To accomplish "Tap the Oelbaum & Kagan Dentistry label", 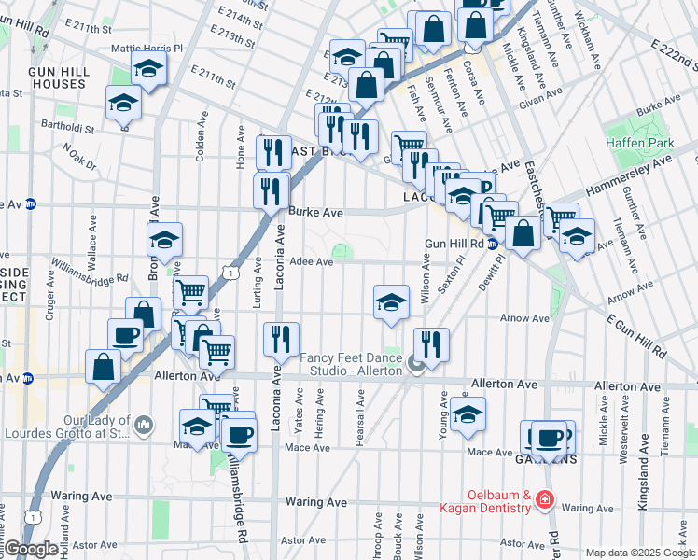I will [x=499, y=502].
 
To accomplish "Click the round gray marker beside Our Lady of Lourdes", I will [x=143, y=426].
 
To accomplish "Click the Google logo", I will [x=31, y=549].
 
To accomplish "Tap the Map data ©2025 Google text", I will [x=640, y=553].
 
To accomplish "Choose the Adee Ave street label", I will [x=311, y=262].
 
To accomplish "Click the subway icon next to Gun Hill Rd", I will [x=492, y=245].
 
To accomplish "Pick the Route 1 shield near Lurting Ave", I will [x=230, y=271].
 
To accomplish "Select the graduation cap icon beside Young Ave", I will [x=467, y=414].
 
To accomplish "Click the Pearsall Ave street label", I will [x=359, y=402].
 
